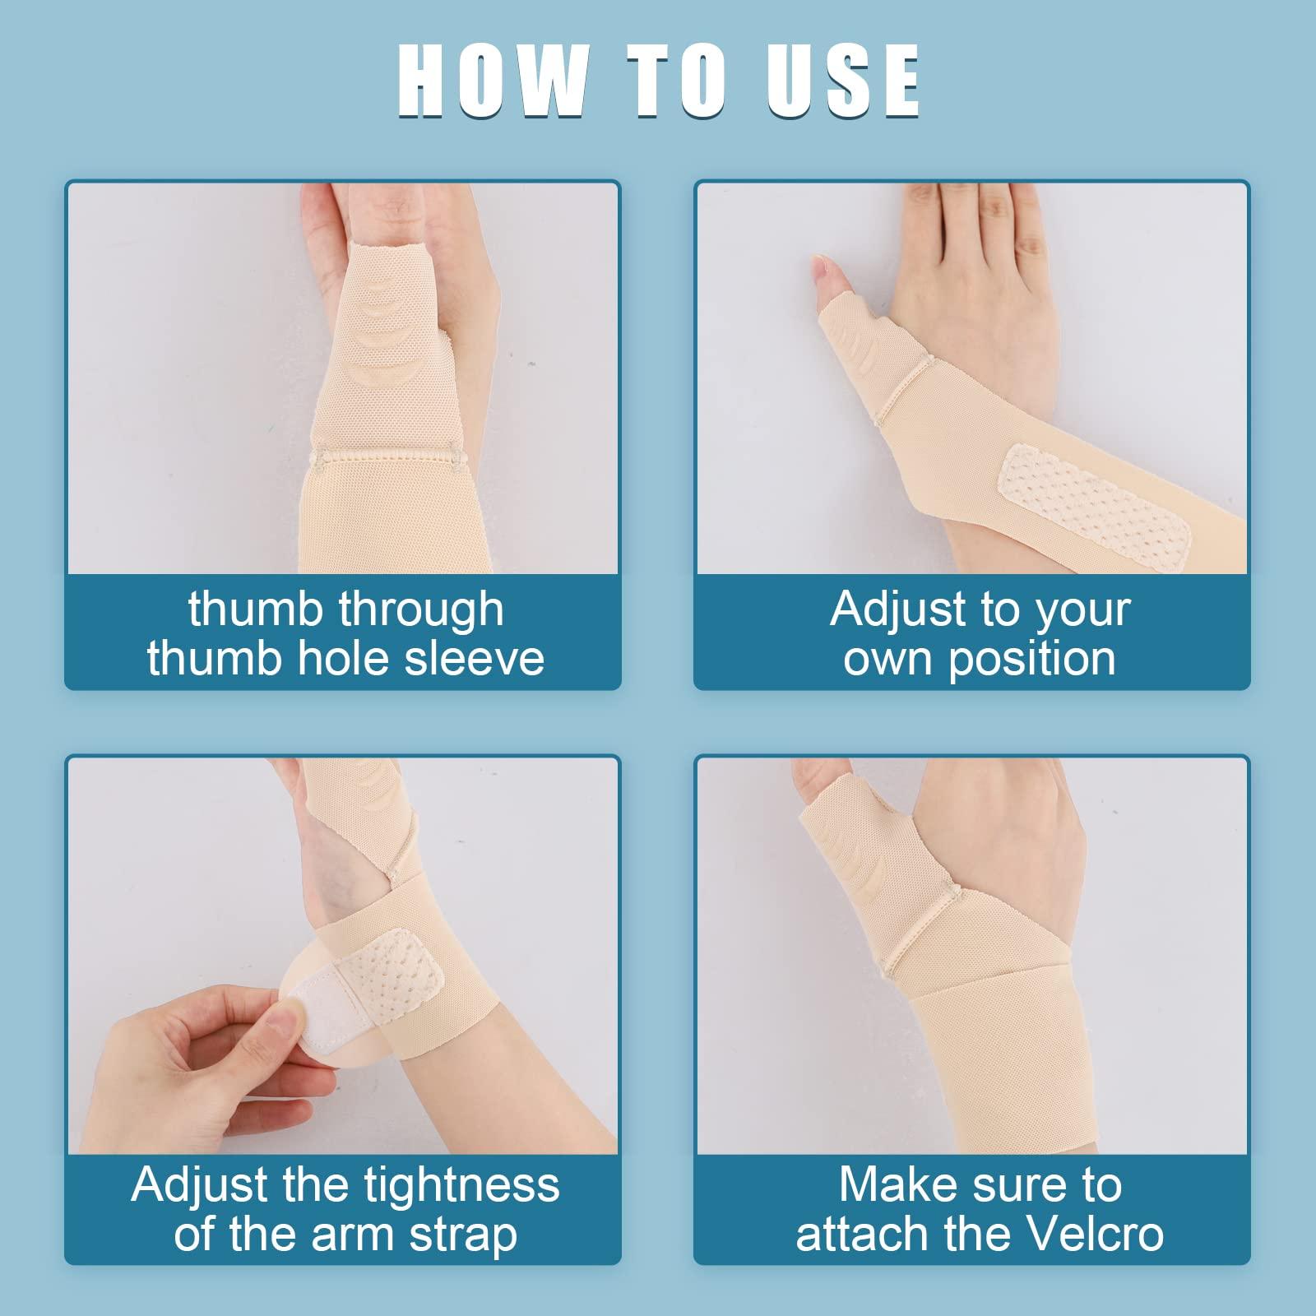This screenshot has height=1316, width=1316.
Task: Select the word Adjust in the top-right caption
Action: pos(897,609)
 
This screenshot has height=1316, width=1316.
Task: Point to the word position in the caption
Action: pos(1031,659)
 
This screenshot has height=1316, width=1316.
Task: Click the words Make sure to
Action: pos(980,1185)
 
